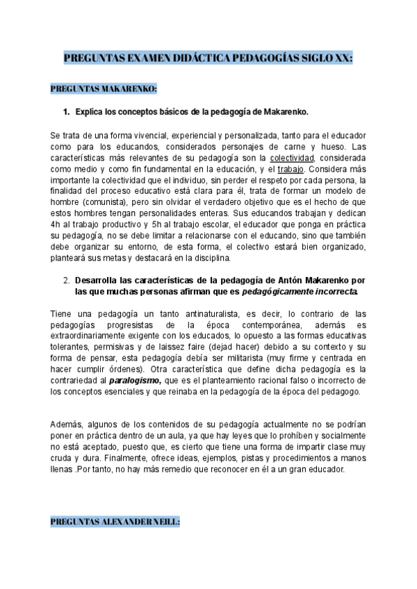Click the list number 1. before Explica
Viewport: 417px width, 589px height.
(67, 112)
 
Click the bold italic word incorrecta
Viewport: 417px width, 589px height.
(328, 292)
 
